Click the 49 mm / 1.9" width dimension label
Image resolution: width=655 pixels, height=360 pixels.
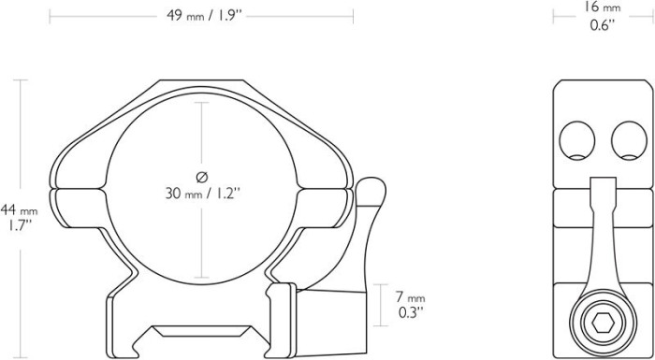coord(201,15)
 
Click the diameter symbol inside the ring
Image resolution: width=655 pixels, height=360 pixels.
coord(201,177)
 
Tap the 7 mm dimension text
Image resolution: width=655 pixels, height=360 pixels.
coord(409,296)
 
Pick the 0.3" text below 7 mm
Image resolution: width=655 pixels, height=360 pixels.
coord(409,311)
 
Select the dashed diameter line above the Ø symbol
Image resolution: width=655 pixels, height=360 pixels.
coord(201,131)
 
